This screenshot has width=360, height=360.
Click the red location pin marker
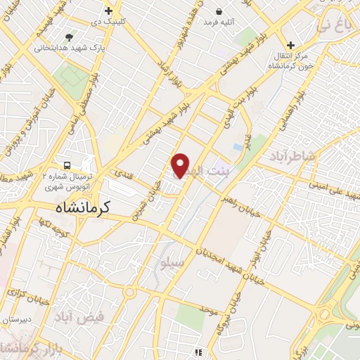tap(181, 165)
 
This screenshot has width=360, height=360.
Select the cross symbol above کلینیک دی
tap(108, 11)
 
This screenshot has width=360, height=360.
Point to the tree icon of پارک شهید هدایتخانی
tap(68, 37)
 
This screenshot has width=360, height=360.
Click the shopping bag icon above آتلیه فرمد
tap(219, 11)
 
